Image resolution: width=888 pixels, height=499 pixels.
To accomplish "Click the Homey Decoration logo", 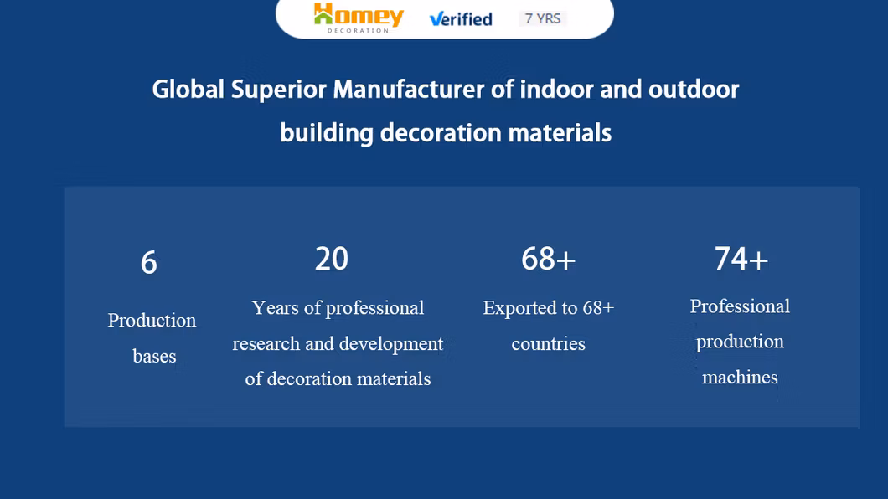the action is click(359, 18).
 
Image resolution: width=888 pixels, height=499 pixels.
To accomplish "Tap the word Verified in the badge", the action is click(461, 19).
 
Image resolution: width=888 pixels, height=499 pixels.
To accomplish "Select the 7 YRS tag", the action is click(543, 18).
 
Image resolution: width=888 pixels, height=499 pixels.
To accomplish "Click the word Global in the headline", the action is click(188, 90).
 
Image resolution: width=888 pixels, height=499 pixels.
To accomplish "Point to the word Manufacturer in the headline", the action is click(408, 90).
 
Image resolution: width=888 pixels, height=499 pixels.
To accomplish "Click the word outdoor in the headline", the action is click(694, 90).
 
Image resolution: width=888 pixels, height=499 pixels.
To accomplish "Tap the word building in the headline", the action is click(327, 133).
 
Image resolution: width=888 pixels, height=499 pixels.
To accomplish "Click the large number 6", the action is click(149, 263).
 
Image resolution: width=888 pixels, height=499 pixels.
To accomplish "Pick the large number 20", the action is click(332, 259).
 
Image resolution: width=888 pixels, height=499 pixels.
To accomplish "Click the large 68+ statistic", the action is click(548, 259).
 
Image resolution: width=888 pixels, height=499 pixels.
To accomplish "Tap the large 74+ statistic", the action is click(741, 259).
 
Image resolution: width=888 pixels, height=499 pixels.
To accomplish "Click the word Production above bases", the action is click(152, 320).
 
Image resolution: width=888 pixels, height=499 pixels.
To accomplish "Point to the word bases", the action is click(154, 356).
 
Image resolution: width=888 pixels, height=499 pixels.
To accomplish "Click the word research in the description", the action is click(266, 343).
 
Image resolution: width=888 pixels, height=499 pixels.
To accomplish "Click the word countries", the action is click(548, 343).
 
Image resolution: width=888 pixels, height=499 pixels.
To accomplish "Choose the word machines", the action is click(740, 377).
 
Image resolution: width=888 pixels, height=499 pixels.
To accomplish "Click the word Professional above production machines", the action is click(740, 306).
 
